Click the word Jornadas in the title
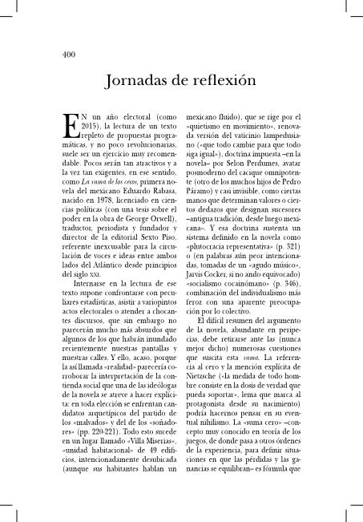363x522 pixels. tap(137, 80)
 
